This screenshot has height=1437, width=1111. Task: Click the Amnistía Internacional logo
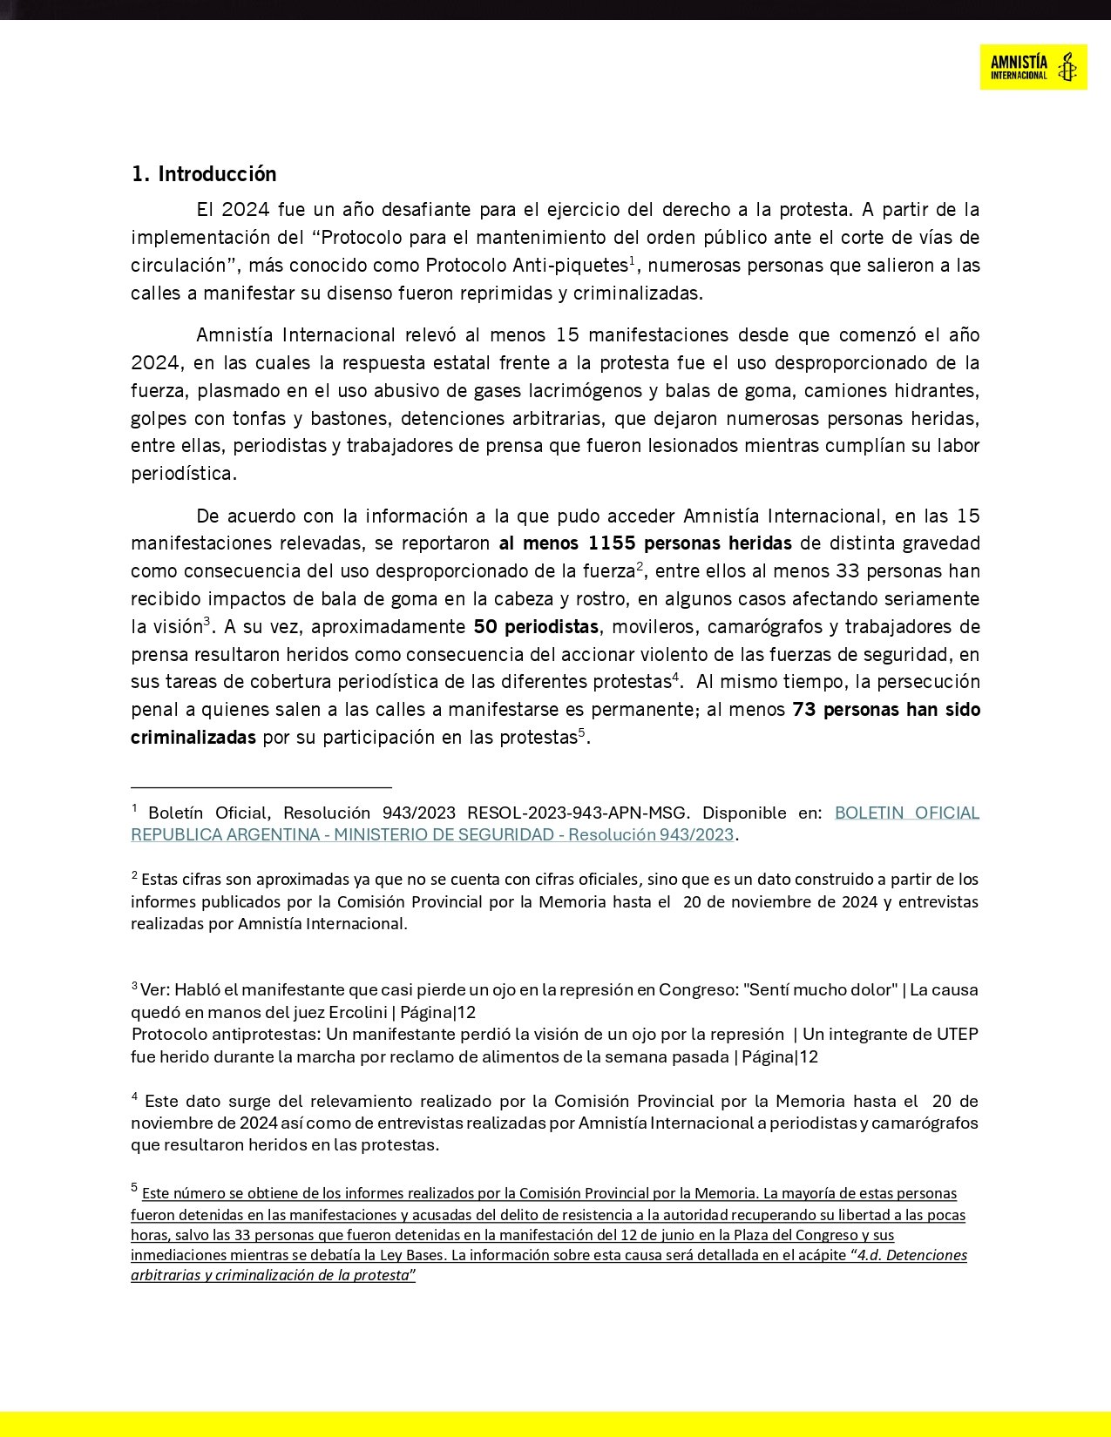point(1033,67)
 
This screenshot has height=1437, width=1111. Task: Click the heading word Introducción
point(217,174)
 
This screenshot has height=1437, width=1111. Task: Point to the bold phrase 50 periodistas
point(536,627)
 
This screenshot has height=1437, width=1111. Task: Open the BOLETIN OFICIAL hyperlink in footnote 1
point(906,813)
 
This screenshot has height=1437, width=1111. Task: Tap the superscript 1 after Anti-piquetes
point(632,260)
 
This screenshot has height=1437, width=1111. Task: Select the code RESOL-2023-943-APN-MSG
point(579,813)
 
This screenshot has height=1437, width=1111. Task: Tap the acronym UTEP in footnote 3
point(957,1035)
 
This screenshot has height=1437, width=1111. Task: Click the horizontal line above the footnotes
point(261,786)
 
